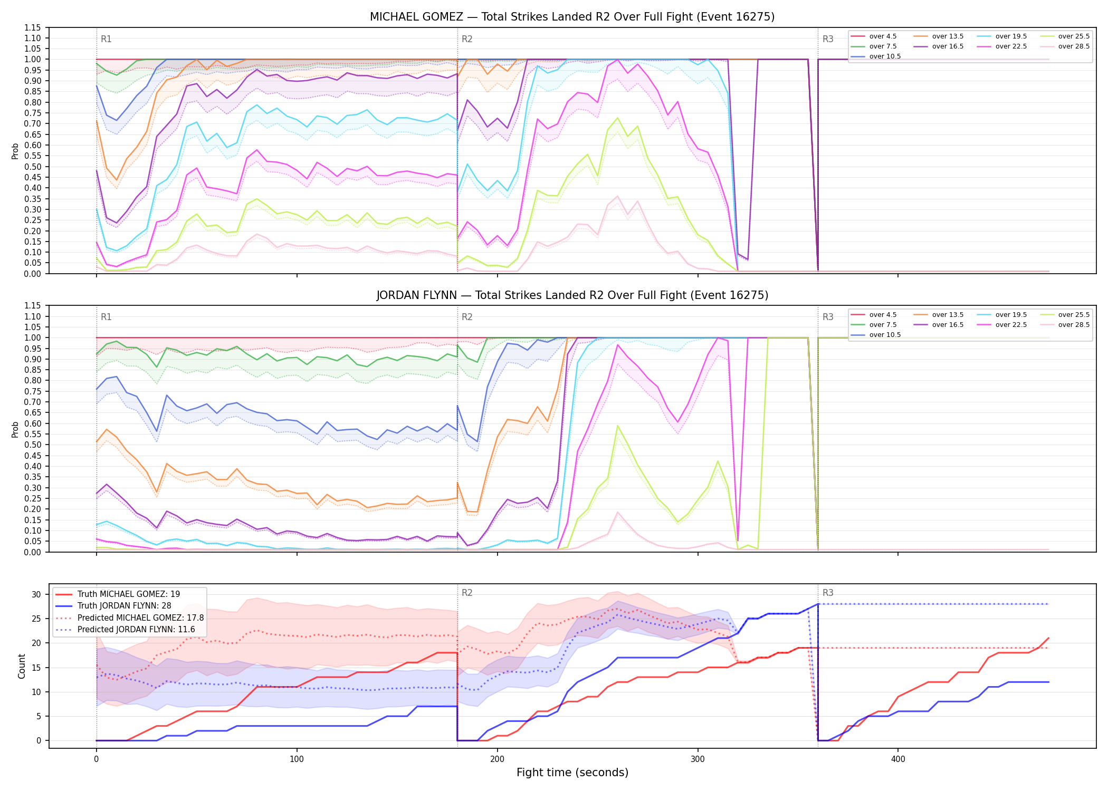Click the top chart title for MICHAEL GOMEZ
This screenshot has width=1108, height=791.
572,17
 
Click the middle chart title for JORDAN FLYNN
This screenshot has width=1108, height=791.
572,295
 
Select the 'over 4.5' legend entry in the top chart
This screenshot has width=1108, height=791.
883,36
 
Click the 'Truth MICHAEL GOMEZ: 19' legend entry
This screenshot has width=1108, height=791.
129,594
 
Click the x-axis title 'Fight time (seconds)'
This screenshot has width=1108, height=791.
572,773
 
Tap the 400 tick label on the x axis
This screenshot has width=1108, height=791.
898,759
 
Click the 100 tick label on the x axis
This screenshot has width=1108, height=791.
297,759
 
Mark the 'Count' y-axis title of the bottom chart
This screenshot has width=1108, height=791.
22,666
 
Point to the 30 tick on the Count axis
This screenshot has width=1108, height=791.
36,594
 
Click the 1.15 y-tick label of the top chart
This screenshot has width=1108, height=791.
33,27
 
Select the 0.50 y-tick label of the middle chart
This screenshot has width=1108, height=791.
33,445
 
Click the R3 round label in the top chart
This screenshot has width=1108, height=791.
828,39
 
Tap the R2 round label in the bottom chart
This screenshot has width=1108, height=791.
467,593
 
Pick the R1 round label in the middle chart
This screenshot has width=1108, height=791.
106,317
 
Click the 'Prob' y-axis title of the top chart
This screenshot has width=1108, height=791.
15,151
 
